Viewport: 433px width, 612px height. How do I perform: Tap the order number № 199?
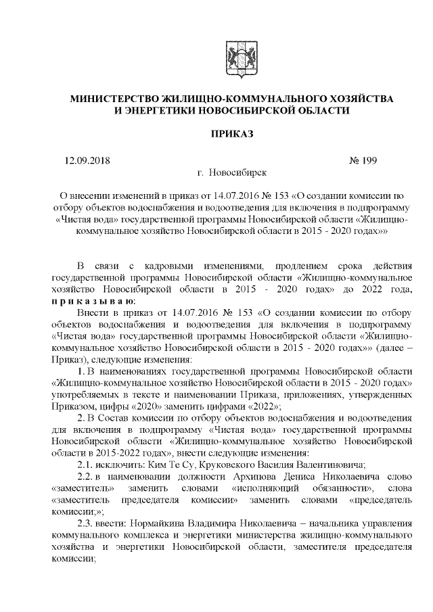363,161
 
